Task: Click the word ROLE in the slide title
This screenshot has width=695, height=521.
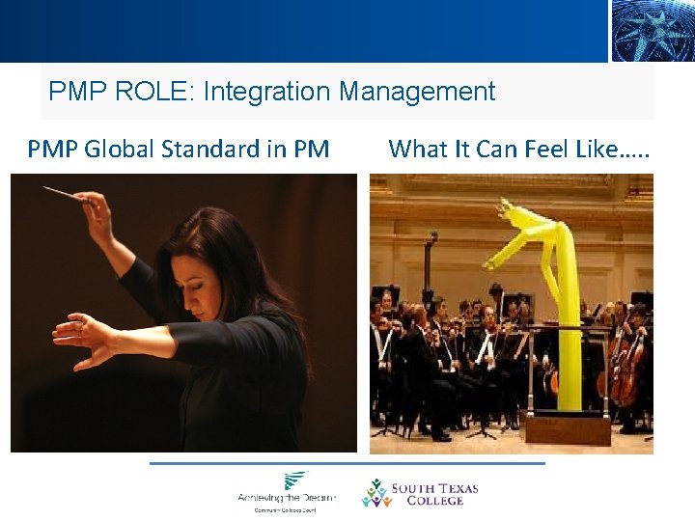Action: click(x=151, y=93)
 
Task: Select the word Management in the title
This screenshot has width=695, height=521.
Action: click(x=417, y=93)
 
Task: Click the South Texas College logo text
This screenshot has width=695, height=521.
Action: click(x=433, y=493)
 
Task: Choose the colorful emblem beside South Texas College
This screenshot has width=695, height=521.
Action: click(x=375, y=493)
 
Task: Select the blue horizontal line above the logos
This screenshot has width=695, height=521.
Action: click(x=347, y=463)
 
